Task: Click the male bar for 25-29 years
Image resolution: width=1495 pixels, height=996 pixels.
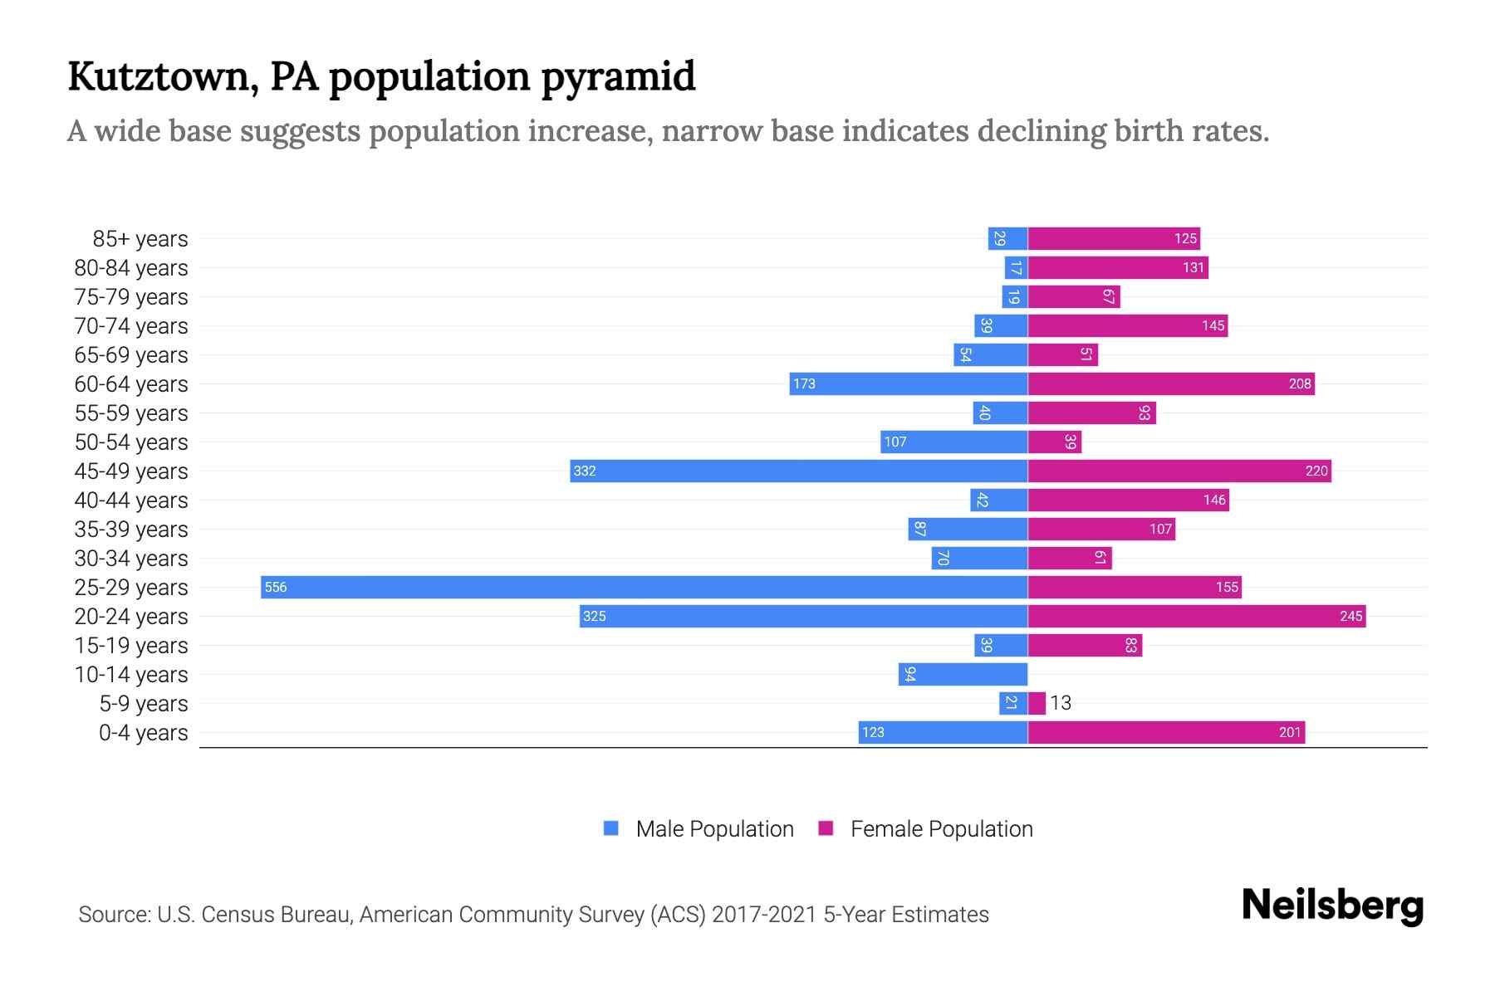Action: [x=644, y=587]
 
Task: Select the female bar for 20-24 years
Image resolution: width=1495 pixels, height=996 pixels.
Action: [x=1196, y=616]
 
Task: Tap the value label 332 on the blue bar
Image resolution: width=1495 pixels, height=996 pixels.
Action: [x=585, y=471]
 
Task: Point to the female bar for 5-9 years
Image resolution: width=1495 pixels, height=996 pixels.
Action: [x=1037, y=703]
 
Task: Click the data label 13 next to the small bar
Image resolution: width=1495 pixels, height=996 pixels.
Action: [x=1061, y=703]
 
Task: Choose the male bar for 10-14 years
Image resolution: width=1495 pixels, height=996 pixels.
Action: [x=963, y=674]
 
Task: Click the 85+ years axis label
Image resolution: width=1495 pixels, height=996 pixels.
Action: [x=140, y=239]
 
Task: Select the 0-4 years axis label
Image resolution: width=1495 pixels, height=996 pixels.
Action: [x=143, y=733]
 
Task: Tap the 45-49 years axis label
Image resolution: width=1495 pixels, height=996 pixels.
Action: [x=131, y=471]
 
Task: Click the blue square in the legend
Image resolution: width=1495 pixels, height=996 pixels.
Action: [x=611, y=828]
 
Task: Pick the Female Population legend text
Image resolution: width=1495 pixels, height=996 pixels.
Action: [x=941, y=828]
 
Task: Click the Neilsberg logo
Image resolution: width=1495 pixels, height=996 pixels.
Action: [x=1332, y=906]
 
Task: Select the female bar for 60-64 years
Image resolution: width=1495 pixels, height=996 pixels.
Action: [x=1171, y=383]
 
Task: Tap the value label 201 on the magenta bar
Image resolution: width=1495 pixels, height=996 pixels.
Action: [x=1290, y=732]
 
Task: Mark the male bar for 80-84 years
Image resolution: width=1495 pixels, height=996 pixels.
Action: [x=1016, y=267]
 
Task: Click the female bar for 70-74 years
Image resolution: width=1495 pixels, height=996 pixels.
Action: [x=1127, y=325]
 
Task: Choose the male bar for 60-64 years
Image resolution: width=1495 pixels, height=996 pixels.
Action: [x=909, y=383]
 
